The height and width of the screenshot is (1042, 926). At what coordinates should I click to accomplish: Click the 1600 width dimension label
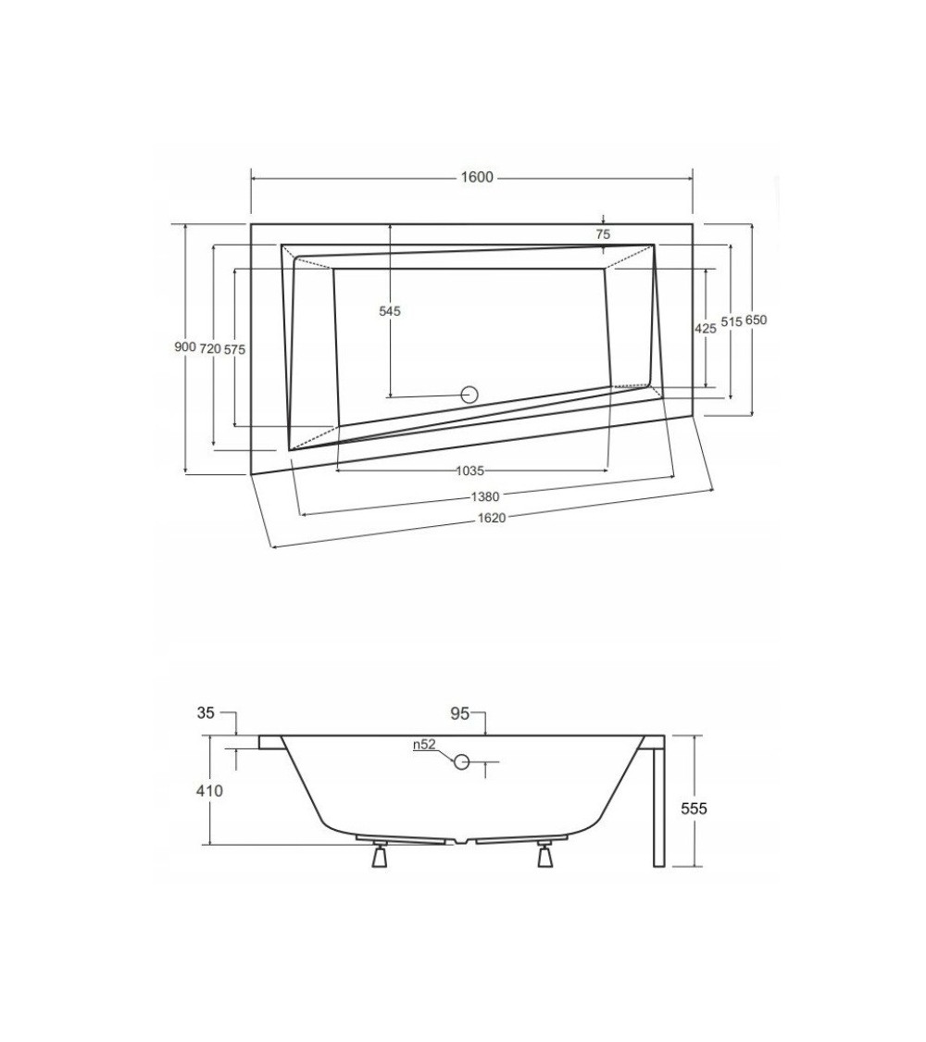pyautogui.click(x=477, y=177)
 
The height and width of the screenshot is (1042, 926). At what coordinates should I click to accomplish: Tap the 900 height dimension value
pyautogui.click(x=184, y=347)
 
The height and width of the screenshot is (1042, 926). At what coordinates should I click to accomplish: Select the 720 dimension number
pyautogui.click(x=210, y=348)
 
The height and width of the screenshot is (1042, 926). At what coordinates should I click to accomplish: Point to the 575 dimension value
pyautogui.click(x=234, y=349)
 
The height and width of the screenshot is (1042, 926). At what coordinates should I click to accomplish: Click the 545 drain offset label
pyautogui.click(x=390, y=310)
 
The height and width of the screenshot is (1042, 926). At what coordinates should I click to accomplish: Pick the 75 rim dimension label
pyautogui.click(x=603, y=234)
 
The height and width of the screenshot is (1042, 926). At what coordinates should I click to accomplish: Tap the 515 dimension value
pyautogui.click(x=731, y=321)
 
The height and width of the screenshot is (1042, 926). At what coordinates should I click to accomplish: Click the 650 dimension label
pyautogui.click(x=756, y=320)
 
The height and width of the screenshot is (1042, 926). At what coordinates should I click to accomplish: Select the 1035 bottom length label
pyautogui.click(x=469, y=471)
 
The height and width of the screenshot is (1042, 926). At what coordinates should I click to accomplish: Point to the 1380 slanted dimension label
pyautogui.click(x=484, y=496)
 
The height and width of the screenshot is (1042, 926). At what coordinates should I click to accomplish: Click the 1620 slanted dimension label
pyautogui.click(x=492, y=518)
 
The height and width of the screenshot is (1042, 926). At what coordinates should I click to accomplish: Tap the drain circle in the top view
pyautogui.click(x=469, y=395)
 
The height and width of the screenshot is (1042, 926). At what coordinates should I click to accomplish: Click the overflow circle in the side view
pyautogui.click(x=462, y=761)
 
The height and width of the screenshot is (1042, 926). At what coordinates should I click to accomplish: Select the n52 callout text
pyautogui.click(x=424, y=745)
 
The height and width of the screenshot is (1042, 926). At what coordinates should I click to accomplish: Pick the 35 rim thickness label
pyautogui.click(x=206, y=712)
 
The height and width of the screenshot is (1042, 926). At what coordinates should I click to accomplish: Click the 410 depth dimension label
pyautogui.click(x=209, y=791)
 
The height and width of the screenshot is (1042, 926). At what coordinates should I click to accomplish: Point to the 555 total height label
pyautogui.click(x=694, y=809)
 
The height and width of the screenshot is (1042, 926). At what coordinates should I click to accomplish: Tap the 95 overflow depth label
pyautogui.click(x=459, y=714)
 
